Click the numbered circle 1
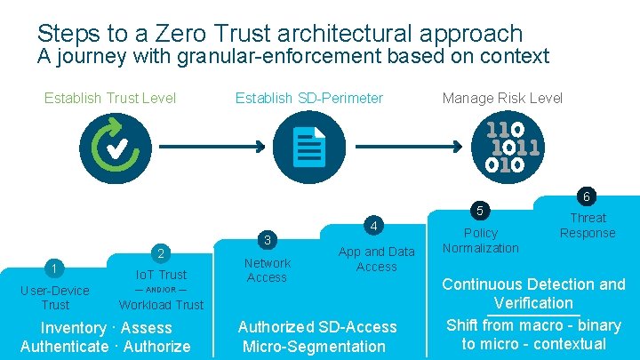click(x=55, y=269)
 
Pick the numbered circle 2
click(x=160, y=254)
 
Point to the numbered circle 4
click(x=375, y=224)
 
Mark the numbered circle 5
click(x=481, y=211)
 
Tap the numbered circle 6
click(x=587, y=196)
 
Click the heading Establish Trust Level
click(x=110, y=98)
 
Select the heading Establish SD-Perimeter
click(x=309, y=98)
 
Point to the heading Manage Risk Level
click(x=502, y=98)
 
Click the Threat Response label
click(x=588, y=225)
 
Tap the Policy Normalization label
click(x=480, y=240)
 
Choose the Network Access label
click(x=267, y=269)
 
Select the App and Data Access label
click(x=376, y=259)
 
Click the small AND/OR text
click(x=160, y=290)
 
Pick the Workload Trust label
click(x=161, y=305)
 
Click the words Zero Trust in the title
click(x=228, y=34)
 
